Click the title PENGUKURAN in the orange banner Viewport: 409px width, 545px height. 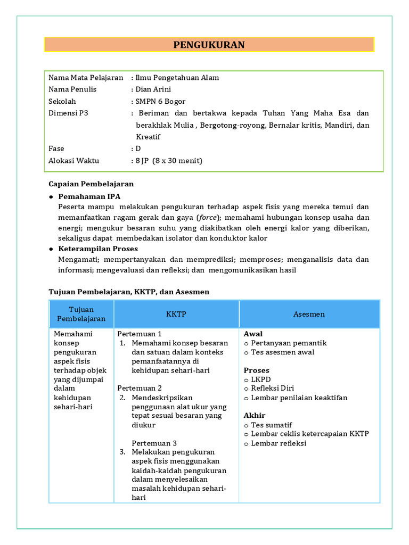point(209,45)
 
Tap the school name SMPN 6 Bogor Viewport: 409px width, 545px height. point(160,101)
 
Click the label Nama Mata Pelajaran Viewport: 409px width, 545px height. point(86,78)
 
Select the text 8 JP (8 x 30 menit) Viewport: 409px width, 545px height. point(169,161)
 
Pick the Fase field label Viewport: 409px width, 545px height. point(56,149)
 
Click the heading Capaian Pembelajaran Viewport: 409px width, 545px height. point(91,184)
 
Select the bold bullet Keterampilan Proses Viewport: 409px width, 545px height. point(98,249)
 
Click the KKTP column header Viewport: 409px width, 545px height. point(176,314)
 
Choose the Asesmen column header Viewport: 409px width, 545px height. point(309,314)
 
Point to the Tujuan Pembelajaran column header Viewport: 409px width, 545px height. point(81,314)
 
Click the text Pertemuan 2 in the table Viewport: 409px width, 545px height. point(140,388)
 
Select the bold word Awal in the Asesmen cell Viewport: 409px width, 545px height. point(253,334)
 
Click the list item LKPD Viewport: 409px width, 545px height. point(260,379)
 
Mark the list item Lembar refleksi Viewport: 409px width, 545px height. point(279,443)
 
